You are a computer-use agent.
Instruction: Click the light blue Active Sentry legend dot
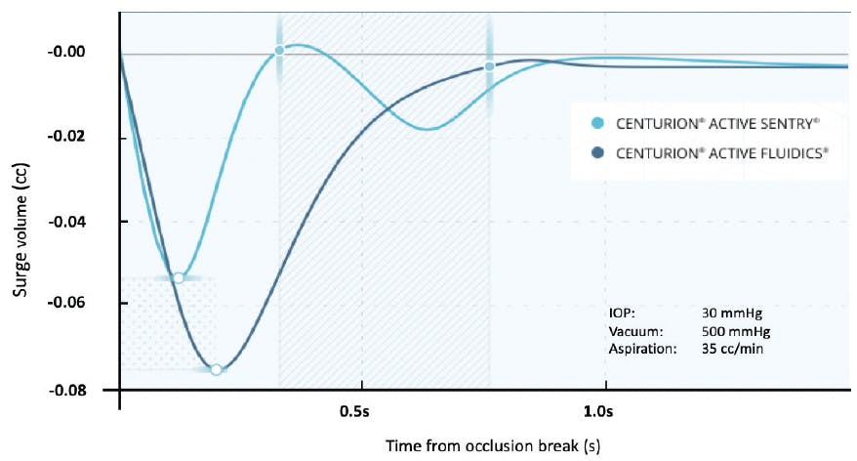[598, 124]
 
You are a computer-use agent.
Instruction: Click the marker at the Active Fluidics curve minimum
[216, 369]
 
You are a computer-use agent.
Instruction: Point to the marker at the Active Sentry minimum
[179, 277]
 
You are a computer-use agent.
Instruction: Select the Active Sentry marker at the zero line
[279, 50]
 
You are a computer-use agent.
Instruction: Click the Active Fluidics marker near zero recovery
[489, 66]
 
